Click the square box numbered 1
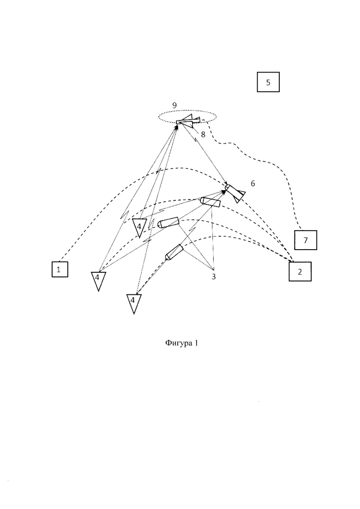coord(60,269)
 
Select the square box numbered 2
coord(300,271)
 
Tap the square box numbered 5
coord(268,82)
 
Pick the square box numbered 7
coord(306,240)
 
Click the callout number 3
coord(214,276)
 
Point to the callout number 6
coord(253,184)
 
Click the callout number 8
coord(203,134)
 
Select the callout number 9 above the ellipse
coord(174,105)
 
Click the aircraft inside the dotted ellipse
coord(188,121)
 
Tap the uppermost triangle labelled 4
coord(139,227)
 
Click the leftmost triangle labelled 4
coord(98,280)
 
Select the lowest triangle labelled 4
coord(134,303)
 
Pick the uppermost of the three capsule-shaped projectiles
coord(210,202)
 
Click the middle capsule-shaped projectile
coord(168,222)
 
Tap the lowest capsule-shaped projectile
coord(174,252)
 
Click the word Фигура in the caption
coord(178,343)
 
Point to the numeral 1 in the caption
coord(196,343)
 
